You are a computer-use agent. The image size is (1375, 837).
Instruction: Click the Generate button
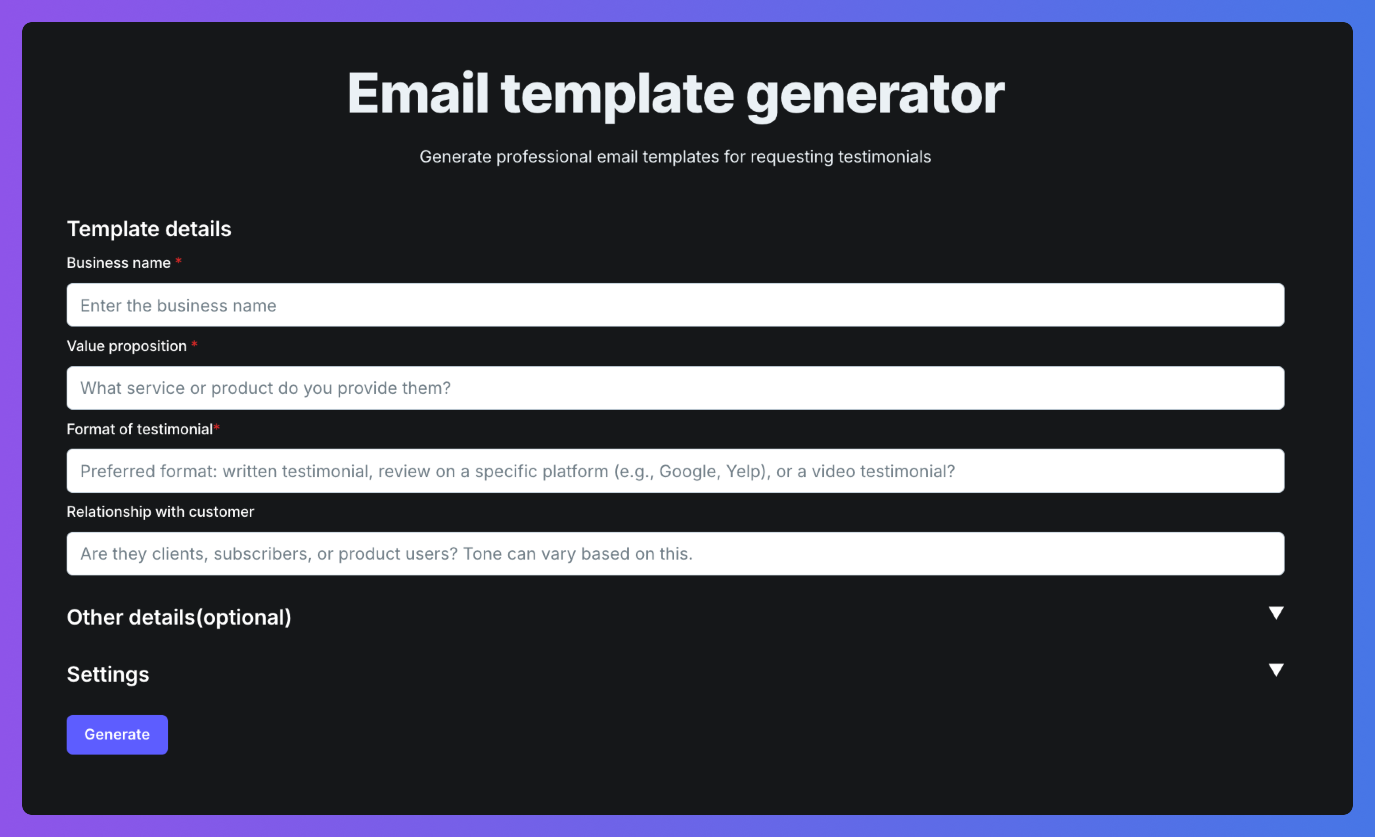(x=117, y=734)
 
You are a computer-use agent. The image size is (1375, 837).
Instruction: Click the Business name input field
(x=675, y=305)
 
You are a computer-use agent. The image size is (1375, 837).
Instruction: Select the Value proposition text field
(x=675, y=388)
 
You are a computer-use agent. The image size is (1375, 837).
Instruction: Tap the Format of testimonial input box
(x=675, y=471)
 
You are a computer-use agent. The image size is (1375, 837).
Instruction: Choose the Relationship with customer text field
(x=675, y=554)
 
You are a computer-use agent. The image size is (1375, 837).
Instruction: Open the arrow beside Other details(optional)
(x=1275, y=613)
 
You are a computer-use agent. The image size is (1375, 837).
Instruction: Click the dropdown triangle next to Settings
(x=1275, y=670)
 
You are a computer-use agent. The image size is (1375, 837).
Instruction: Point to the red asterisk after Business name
(x=178, y=260)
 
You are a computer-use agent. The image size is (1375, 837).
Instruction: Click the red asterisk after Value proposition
(x=194, y=344)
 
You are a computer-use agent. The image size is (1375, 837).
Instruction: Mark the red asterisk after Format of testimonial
(x=216, y=427)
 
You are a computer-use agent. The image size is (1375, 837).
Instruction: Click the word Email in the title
(x=418, y=93)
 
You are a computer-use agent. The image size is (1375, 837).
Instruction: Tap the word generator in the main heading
(x=875, y=96)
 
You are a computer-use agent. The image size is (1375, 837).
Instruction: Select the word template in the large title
(x=617, y=96)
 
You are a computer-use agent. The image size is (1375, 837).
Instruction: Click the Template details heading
(x=149, y=229)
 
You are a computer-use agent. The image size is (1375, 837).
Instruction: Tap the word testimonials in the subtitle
(x=885, y=157)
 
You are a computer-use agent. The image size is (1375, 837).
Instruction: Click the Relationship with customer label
(x=160, y=512)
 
